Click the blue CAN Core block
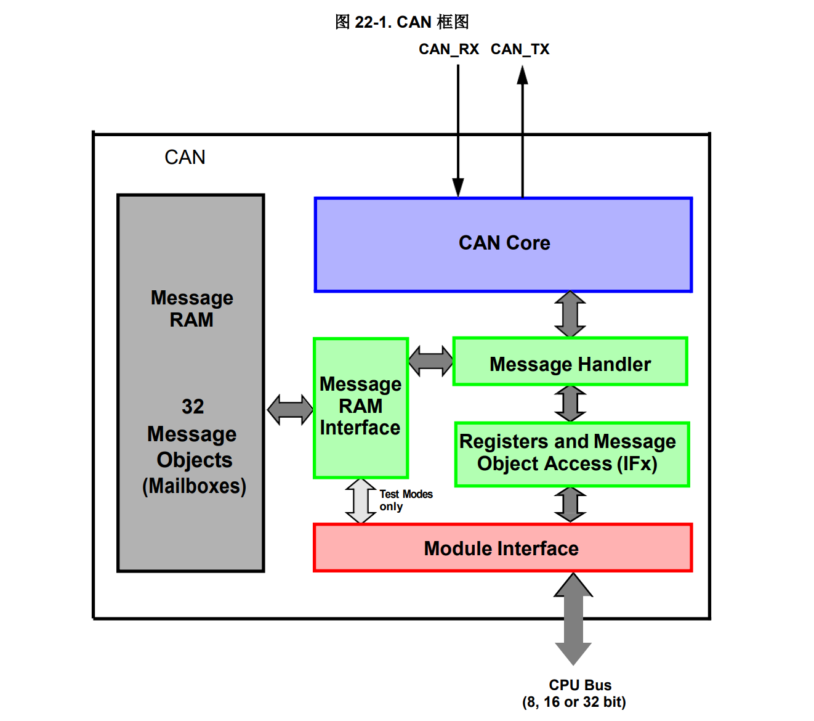[x=503, y=245]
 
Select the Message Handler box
[x=570, y=362]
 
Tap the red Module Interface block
[x=502, y=548]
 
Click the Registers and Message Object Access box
[x=571, y=454]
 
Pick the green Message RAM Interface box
[x=361, y=407]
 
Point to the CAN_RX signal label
[x=448, y=49]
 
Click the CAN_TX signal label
[x=520, y=49]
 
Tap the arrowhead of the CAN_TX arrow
[x=522, y=75]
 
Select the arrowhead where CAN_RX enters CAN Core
[x=458, y=187]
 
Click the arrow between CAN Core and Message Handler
[x=570, y=314]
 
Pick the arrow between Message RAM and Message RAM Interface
[x=289, y=410]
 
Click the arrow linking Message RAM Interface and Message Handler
[x=430, y=361]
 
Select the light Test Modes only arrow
[x=361, y=501]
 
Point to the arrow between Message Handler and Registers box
[x=570, y=404]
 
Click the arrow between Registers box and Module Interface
[x=570, y=505]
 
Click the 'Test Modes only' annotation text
[x=405, y=500]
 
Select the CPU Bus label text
[x=580, y=685]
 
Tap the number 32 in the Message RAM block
[x=193, y=407]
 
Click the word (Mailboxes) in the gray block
[x=194, y=486]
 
